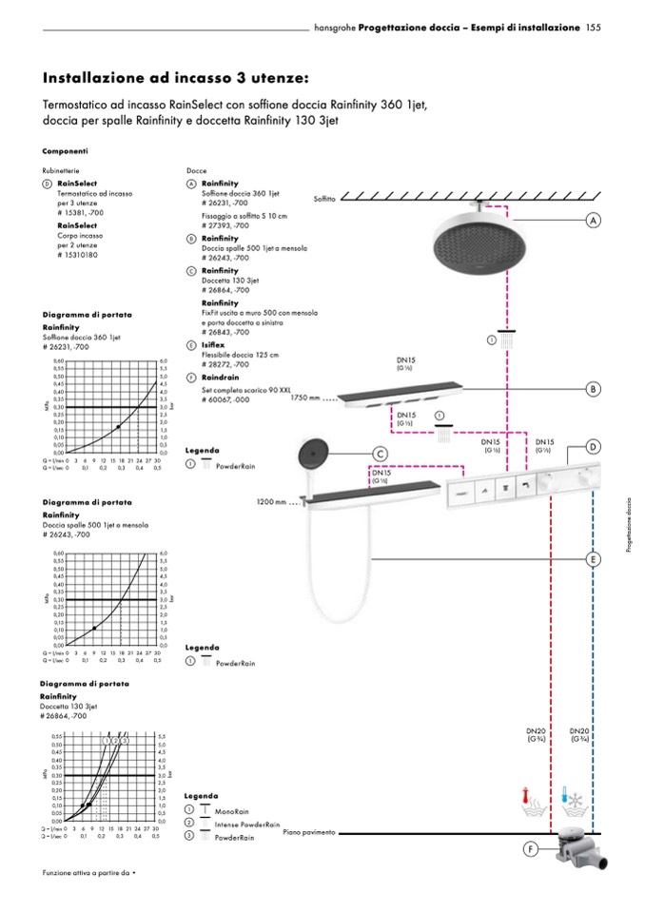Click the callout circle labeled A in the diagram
tap(593, 220)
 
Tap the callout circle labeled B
tap(593, 388)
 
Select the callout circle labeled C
tap(380, 455)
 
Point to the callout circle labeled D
tap(593, 447)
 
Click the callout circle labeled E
tap(593, 559)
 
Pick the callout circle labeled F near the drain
tap(531, 849)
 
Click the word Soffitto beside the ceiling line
tap(324, 199)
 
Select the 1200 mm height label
tap(271, 501)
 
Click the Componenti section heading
tap(66, 151)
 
